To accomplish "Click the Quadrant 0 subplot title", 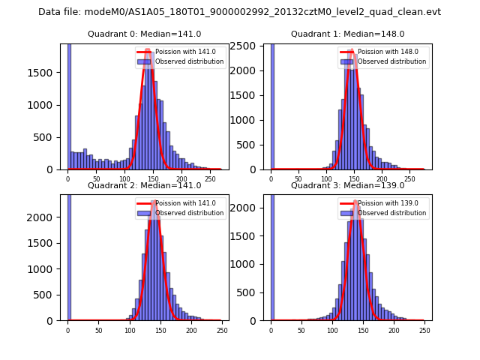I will pyautogui.click(x=144, y=34).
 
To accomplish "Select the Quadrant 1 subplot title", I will pyautogui.click(x=347, y=34).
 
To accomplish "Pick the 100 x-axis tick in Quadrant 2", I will pyautogui.click(x=129, y=331).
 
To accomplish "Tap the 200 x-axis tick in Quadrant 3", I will pyautogui.click(x=394, y=331).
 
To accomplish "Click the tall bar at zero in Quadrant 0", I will pyautogui.click(x=69, y=105).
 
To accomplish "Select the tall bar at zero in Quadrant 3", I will pyautogui.click(x=272, y=255).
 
